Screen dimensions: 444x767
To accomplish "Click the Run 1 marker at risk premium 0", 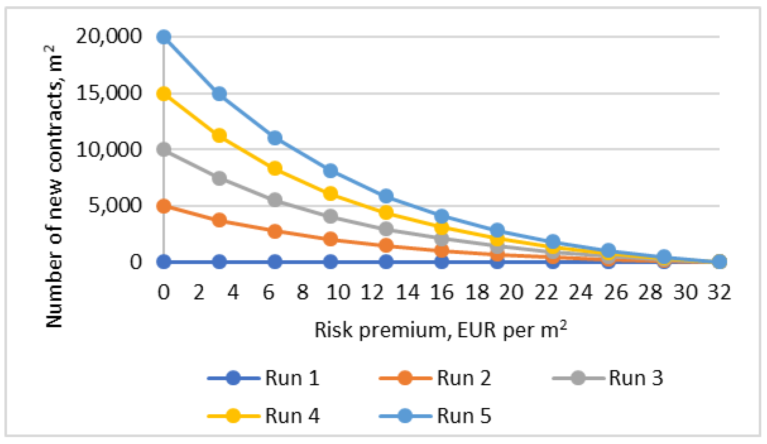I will [164, 262].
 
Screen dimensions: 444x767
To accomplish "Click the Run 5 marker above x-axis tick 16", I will [441, 216].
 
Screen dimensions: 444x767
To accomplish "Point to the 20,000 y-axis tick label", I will [108, 36].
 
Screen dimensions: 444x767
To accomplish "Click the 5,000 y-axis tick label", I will [114, 206].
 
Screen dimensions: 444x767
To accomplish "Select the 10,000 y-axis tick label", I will [108, 149].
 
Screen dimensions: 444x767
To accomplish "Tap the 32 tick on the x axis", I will [719, 292].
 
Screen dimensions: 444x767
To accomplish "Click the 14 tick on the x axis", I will [407, 292].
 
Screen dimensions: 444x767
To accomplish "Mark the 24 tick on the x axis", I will [580, 292].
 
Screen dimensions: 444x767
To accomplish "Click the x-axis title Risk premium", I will [440, 330].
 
